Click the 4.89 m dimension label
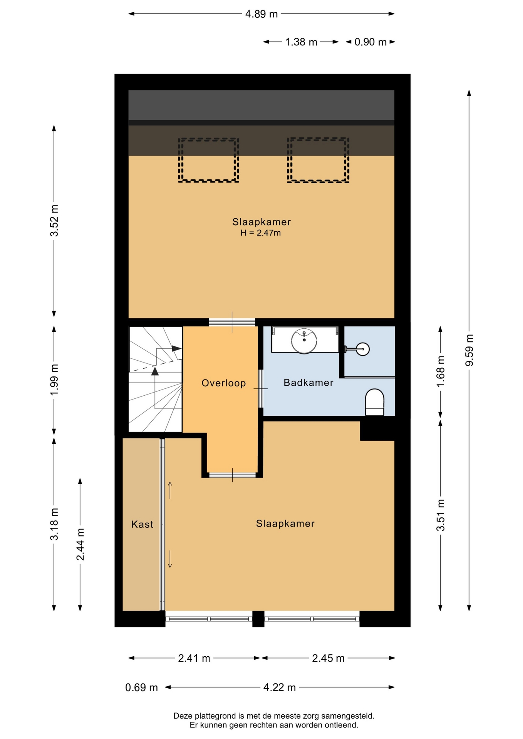(261, 14)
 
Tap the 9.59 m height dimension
(469, 351)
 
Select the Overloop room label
(224, 383)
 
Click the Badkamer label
(308, 383)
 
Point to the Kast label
(142, 524)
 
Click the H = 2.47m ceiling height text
(261, 233)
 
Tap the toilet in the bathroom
(374, 402)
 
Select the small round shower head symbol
(363, 349)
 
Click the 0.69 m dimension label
(141, 687)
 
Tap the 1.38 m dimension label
(301, 42)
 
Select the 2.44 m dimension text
(80, 544)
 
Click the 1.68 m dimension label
(441, 371)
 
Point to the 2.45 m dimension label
(328, 658)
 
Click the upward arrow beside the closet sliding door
(170, 490)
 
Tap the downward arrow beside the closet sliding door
(170, 559)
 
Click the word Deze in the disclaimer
(183, 716)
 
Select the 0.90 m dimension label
(370, 42)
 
